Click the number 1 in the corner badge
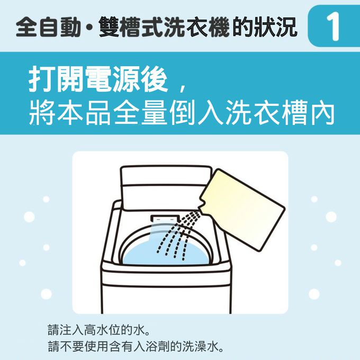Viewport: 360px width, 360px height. point(332,26)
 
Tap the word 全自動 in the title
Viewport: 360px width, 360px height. point(48,27)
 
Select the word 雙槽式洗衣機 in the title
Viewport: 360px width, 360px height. point(165,27)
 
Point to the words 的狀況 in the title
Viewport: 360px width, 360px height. point(265,27)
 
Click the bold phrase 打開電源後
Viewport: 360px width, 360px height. point(98,79)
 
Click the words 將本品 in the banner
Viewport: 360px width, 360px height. point(70,113)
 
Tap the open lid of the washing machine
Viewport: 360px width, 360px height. point(166,187)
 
